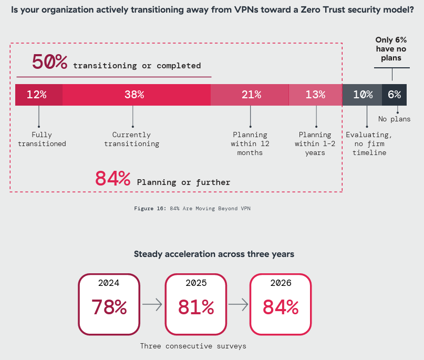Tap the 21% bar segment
pyautogui.click(x=250, y=95)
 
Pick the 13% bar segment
pyautogui.click(x=315, y=95)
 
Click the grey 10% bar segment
pyautogui.click(x=362, y=95)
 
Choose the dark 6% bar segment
pyautogui.click(x=394, y=95)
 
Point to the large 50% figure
pyautogui.click(x=50, y=62)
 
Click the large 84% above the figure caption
pyautogui.click(x=112, y=179)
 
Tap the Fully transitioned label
pyautogui.click(x=42, y=139)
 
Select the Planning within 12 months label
pyautogui.click(x=250, y=144)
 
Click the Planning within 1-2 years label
pyautogui.click(x=315, y=144)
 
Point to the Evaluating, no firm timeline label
pyautogui.click(x=368, y=144)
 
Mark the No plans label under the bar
pyautogui.click(x=394, y=119)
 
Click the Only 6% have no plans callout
pyautogui.click(x=391, y=49)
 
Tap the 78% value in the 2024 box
pyautogui.click(x=109, y=307)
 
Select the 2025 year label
pyautogui.click(x=196, y=283)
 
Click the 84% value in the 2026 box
pyautogui.click(x=281, y=307)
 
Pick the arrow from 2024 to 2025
pyautogui.click(x=152, y=304)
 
